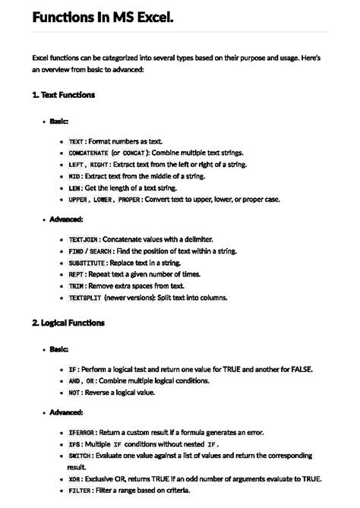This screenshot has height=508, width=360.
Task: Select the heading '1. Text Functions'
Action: coord(64,95)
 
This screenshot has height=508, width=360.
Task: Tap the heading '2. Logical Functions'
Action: coord(68,323)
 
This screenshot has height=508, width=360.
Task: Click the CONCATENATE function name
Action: coord(88,153)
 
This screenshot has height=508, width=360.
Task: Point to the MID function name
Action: coord(74,175)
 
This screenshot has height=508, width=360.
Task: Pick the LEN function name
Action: coord(74,187)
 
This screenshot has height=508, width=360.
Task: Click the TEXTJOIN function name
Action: coord(84,239)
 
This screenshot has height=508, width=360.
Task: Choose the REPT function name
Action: coord(77,273)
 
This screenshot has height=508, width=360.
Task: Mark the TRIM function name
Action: coord(77,286)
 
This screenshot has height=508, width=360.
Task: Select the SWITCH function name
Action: coord(81,456)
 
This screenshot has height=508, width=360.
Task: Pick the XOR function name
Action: coord(74,479)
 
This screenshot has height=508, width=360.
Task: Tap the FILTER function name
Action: coord(81,491)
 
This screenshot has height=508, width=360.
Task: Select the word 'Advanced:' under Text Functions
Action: coord(67,219)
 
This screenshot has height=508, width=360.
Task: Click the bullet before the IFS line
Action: coord(60,444)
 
